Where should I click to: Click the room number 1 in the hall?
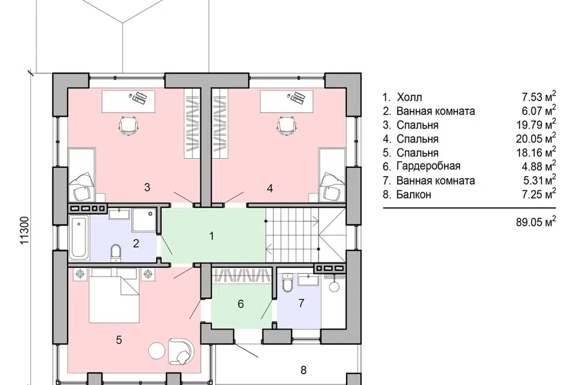(211, 236)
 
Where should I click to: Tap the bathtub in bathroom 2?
(79, 238)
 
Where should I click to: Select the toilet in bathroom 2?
(116, 253)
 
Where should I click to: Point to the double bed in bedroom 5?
(114, 295)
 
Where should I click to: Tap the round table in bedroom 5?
(157, 350)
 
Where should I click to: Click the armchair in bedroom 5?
(181, 351)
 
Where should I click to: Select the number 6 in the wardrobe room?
(241, 304)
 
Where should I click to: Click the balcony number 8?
(303, 370)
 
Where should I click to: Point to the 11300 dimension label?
(23, 230)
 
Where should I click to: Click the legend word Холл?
(409, 97)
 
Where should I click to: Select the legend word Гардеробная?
(428, 166)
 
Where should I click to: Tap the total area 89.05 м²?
(536, 222)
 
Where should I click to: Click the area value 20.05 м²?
(536, 138)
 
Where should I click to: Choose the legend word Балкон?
(414, 194)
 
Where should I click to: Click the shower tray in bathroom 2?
(144, 220)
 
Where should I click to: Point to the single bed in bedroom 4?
(332, 175)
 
